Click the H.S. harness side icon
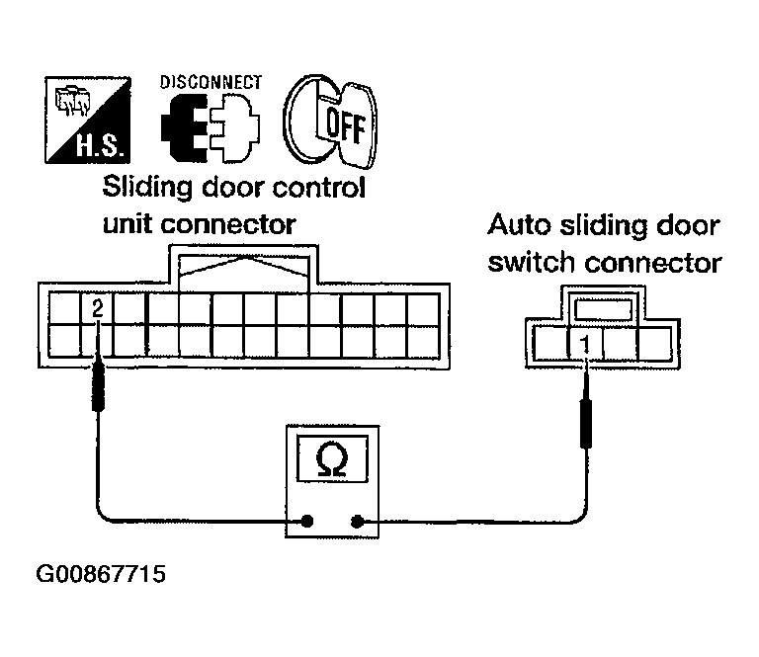click(88, 120)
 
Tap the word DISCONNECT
click(211, 82)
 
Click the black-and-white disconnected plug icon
click(211, 127)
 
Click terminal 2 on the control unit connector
click(97, 308)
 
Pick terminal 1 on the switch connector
click(586, 344)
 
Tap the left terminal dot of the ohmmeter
click(307, 521)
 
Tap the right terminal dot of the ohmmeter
click(357, 522)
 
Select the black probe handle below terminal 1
click(586, 423)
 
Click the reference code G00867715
click(101, 574)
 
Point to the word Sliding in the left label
click(147, 188)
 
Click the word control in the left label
click(318, 188)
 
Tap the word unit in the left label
click(126, 224)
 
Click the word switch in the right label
click(532, 263)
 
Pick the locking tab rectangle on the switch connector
click(603, 308)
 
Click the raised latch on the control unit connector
click(243, 270)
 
